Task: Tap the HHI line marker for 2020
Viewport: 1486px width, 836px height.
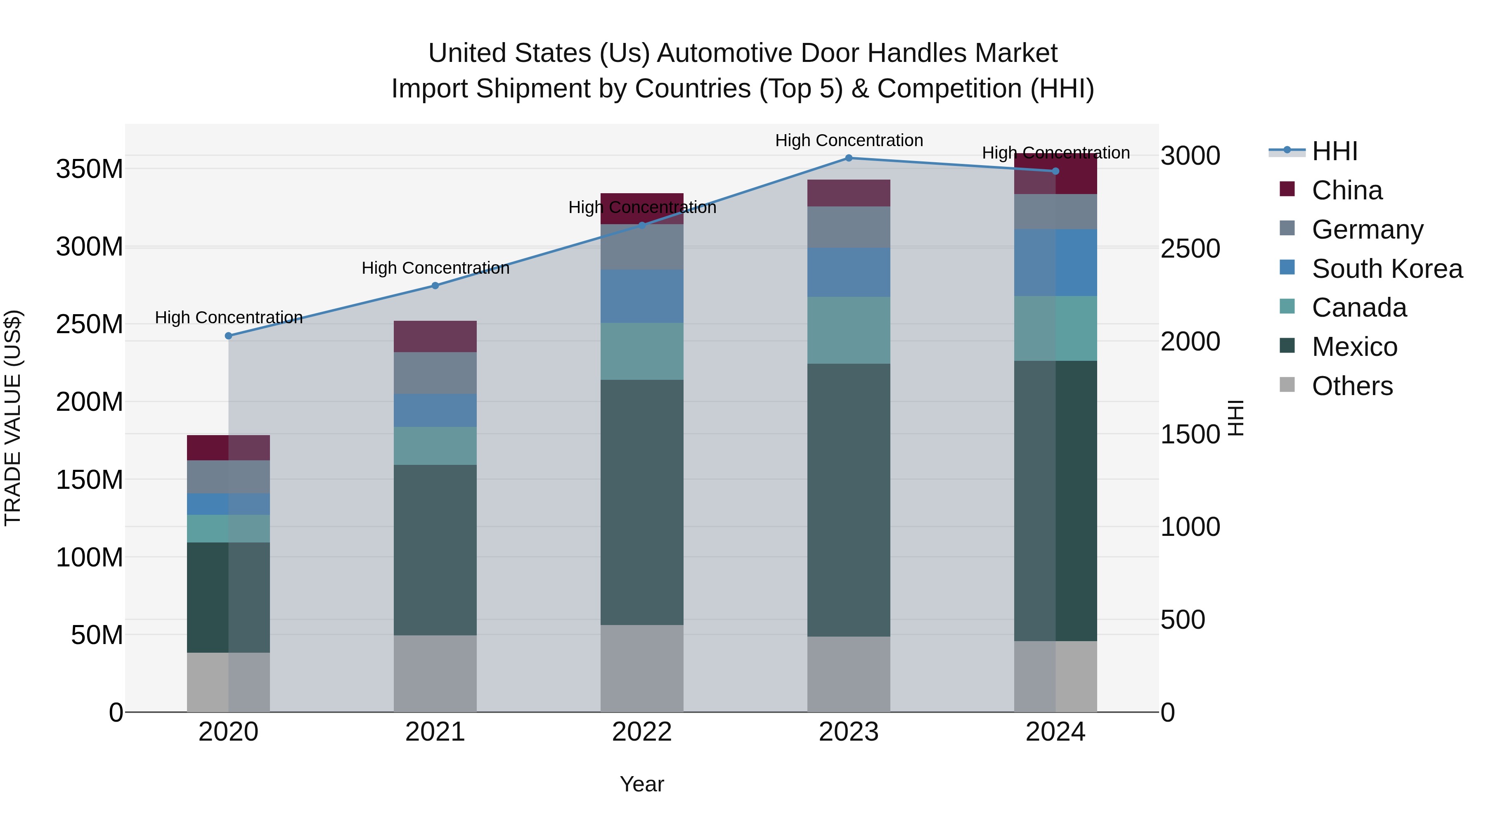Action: [x=228, y=336]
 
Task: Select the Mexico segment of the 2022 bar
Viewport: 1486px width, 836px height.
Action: [x=641, y=502]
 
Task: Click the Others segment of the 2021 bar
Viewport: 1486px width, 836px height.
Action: [x=435, y=673]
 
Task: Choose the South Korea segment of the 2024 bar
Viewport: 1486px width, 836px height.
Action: [x=1055, y=263]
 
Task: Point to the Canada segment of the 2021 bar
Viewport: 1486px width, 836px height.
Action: [x=435, y=446]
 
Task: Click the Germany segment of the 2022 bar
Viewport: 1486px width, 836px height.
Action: [x=641, y=247]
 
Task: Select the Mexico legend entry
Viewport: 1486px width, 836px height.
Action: [x=1354, y=347]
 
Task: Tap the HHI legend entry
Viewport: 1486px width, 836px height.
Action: [x=1334, y=151]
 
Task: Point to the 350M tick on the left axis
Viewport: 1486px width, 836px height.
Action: [x=90, y=169]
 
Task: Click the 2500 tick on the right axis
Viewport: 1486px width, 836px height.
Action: [x=1190, y=249]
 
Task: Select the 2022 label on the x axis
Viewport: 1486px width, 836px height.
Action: [x=641, y=732]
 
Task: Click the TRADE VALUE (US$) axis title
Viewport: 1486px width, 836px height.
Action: [x=13, y=418]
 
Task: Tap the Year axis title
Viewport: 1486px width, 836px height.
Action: [x=641, y=784]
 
